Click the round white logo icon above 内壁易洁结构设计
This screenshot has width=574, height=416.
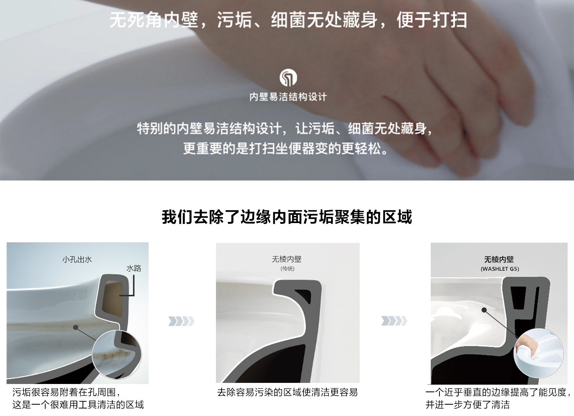pos(288,78)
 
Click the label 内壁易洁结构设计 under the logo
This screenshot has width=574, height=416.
pos(288,97)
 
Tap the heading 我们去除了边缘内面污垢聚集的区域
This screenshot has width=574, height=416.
pos(287,217)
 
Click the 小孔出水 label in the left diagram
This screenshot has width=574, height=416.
pos(77,259)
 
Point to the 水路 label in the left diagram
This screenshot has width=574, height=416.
pos(133,268)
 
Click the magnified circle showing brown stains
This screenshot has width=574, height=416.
pos(116,354)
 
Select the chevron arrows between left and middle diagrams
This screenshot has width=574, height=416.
pos(181,321)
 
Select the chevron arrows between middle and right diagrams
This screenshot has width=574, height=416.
pos(394,321)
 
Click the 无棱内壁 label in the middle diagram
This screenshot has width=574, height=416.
pos(287,259)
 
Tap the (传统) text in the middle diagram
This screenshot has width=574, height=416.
pos(287,269)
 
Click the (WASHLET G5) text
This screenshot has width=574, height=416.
pos(499,269)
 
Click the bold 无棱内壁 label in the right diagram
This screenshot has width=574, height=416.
pos(499,259)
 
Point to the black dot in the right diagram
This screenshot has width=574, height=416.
pos(484,310)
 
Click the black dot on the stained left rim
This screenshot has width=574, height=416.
pos(76,327)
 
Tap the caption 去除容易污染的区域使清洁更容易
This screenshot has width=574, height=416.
pos(287,392)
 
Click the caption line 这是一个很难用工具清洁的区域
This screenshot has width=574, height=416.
pos(78,405)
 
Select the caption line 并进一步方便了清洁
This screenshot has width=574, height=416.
pos(467,405)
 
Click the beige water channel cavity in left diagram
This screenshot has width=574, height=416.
pos(112,294)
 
